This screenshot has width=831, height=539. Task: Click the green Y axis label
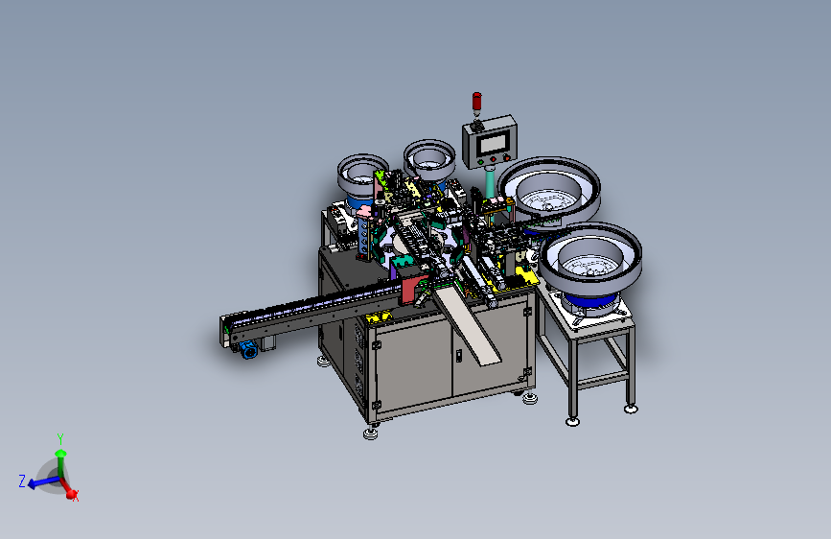[60, 439]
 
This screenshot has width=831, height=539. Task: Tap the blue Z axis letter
[22, 481]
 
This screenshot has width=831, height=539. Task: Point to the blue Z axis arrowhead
[32, 483]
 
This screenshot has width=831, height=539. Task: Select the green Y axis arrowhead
[60, 454]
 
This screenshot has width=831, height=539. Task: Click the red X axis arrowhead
[72, 494]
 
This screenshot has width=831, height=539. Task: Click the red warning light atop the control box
[476, 101]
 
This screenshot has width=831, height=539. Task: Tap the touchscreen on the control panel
[493, 144]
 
